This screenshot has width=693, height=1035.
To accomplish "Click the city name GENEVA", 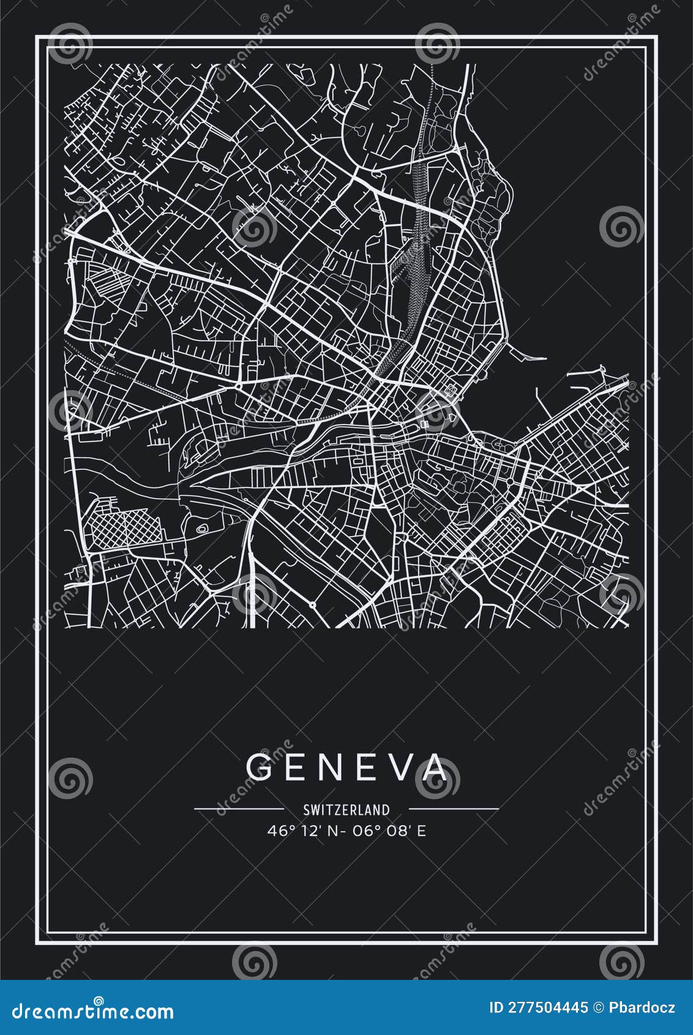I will click(346, 767).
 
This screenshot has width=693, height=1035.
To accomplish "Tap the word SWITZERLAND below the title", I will click(346, 810).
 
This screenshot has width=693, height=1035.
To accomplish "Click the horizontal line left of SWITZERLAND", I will click(239, 809).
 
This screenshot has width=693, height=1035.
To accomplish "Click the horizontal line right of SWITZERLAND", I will click(453, 809).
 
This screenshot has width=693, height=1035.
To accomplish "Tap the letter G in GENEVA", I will click(260, 767).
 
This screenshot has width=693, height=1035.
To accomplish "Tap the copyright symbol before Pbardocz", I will click(599, 1007).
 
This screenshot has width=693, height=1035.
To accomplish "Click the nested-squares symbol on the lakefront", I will click(451, 388).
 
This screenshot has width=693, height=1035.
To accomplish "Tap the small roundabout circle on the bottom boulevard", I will click(312, 605).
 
